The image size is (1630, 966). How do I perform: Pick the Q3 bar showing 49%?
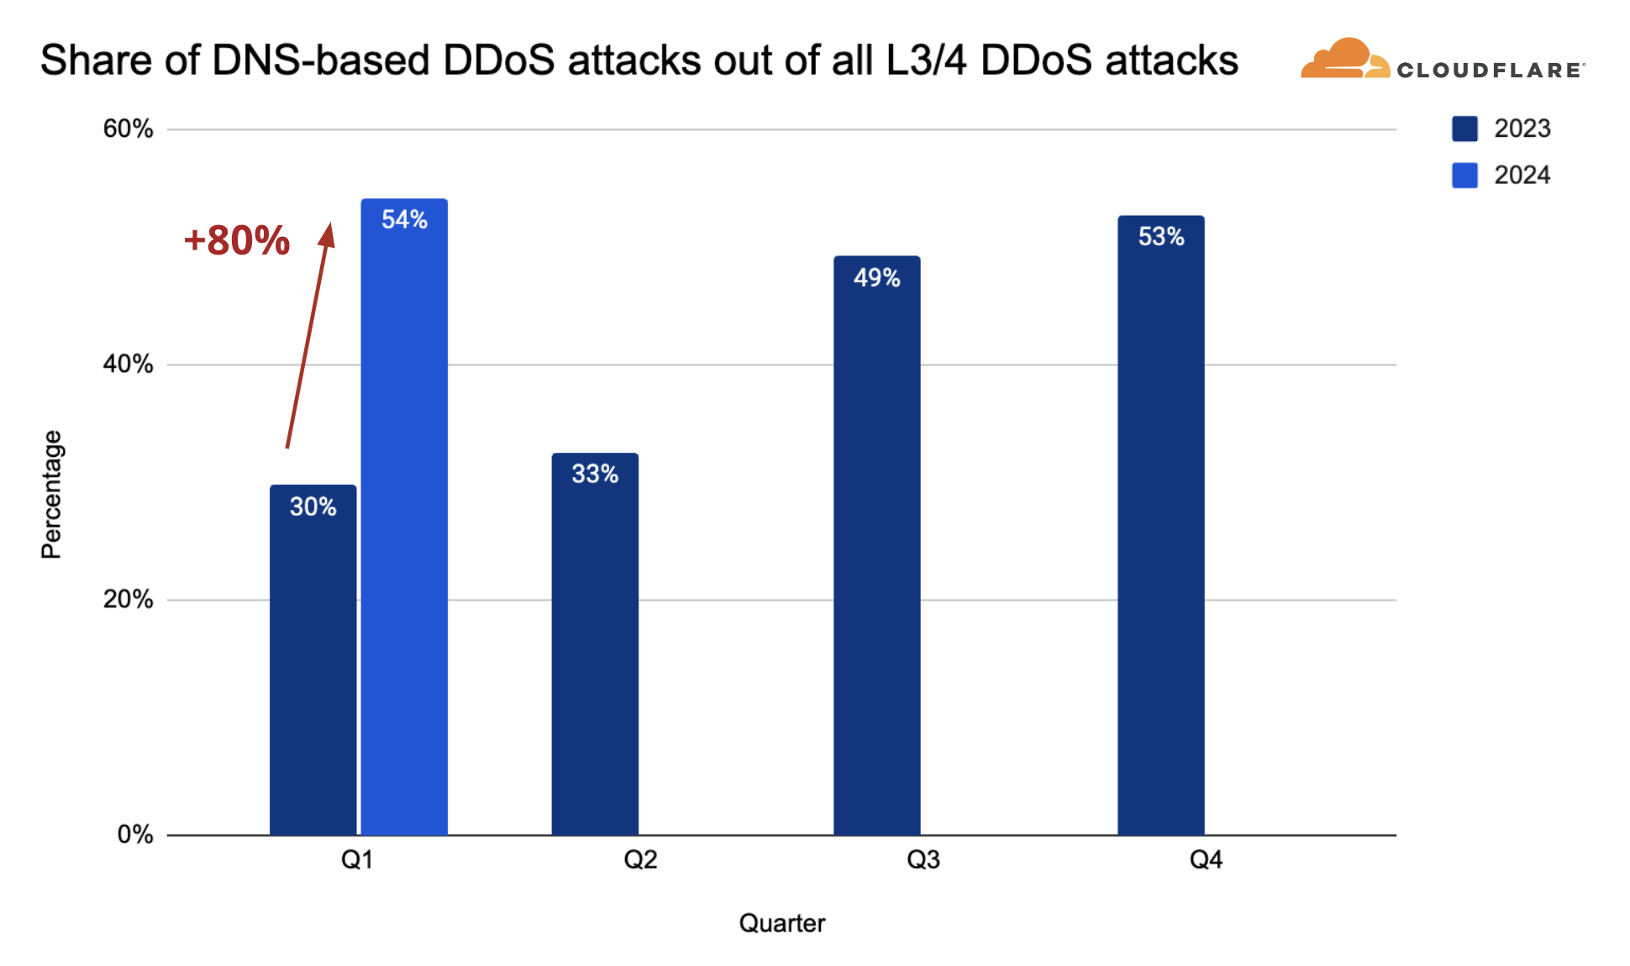click(876, 546)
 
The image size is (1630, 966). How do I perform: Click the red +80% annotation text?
click(237, 241)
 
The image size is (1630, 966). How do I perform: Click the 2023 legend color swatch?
click(1464, 129)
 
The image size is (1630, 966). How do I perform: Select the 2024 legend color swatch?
click(1464, 175)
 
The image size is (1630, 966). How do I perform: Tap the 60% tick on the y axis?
click(128, 129)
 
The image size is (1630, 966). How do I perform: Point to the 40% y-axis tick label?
click(128, 364)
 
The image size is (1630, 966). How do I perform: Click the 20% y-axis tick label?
click(128, 599)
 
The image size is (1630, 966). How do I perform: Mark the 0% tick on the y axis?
click(134, 834)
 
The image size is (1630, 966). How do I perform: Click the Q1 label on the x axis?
click(357, 859)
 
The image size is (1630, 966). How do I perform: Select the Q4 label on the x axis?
click(1206, 859)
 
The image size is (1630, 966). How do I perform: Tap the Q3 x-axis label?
click(923, 859)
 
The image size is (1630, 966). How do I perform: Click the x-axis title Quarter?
click(781, 923)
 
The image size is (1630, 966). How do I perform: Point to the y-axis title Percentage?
click(52, 494)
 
